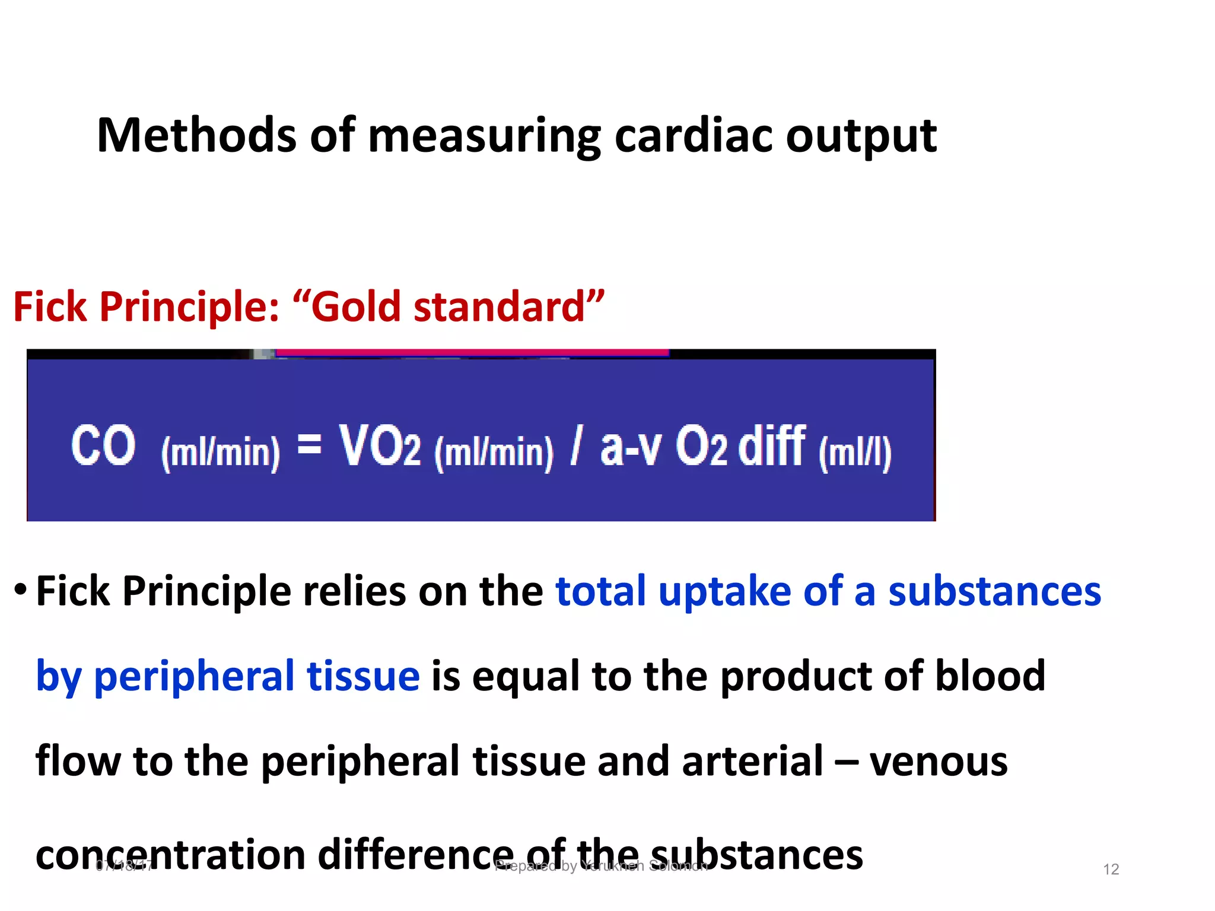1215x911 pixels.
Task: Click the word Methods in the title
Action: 196,135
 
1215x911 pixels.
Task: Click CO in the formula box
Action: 103,446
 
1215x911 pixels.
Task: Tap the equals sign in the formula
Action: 309,444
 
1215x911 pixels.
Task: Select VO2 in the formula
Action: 380,446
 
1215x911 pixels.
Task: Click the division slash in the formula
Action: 574,446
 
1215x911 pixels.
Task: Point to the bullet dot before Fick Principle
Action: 21,589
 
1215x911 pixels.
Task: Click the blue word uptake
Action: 724,592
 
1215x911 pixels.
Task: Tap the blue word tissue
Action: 363,676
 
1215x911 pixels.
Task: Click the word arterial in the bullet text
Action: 752,761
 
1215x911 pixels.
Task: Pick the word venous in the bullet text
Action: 939,762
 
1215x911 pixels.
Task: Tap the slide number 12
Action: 1111,869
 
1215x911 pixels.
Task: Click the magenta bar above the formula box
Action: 472,352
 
